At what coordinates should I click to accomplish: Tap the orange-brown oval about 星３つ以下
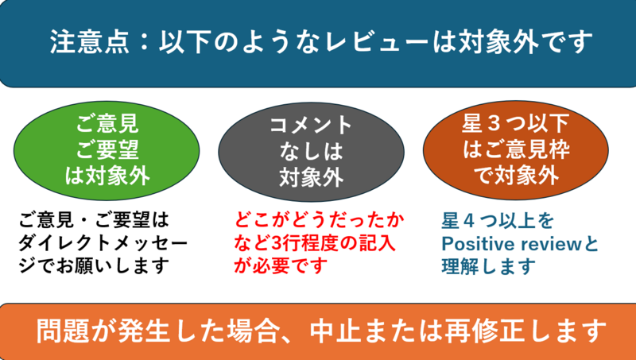[515, 149]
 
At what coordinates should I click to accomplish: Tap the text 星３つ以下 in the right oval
[515, 124]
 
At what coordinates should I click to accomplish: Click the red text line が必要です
[281, 266]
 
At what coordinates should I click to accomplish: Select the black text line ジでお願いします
[95, 266]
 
